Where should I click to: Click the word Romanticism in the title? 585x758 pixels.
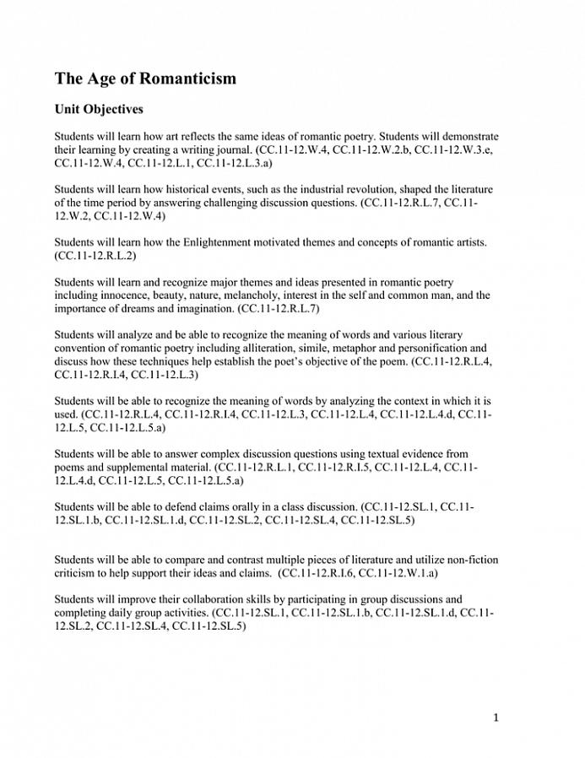click(184, 79)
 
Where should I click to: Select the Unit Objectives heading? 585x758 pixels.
click(99, 110)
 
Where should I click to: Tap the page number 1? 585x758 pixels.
click(496, 717)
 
